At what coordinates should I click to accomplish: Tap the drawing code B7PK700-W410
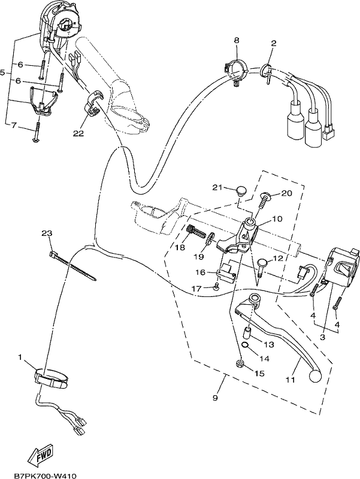click(45, 475)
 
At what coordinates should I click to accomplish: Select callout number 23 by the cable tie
click(47, 234)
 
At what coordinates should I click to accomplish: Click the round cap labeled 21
click(241, 192)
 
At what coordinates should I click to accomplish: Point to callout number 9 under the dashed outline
click(215, 398)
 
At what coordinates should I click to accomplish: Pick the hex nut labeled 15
click(240, 363)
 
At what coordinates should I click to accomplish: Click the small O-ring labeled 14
click(245, 345)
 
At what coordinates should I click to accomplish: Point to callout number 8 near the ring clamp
click(237, 40)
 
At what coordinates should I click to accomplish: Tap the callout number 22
click(78, 134)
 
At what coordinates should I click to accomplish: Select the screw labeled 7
click(37, 132)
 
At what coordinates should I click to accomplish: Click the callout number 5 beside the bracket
click(3, 72)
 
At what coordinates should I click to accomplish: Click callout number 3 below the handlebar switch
click(322, 337)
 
